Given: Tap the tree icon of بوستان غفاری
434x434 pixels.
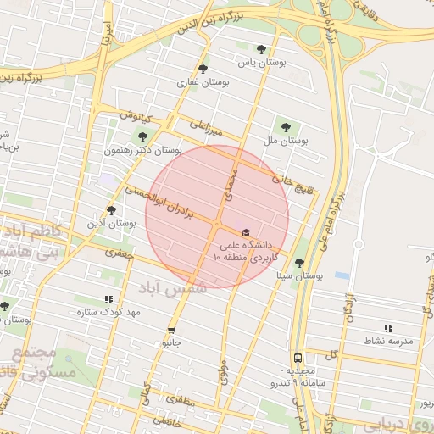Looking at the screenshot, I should coord(203,69).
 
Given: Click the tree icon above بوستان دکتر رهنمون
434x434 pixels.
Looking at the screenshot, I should coord(142,136).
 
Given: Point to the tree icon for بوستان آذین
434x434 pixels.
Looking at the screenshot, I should coord(111,209).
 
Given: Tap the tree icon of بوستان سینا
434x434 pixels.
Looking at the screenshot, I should coord(299,263).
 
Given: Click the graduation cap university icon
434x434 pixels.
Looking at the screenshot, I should coord(246,231).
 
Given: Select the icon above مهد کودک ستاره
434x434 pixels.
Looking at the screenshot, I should coord(108,299).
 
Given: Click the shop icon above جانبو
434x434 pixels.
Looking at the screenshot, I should coord(172,330).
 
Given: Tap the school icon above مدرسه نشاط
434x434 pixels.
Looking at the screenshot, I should coord(388,327).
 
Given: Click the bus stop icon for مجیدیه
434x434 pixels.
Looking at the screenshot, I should coord(298,358).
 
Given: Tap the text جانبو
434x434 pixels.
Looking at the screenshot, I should coord(172,343).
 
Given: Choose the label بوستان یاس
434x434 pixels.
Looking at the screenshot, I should coord(261,63).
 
